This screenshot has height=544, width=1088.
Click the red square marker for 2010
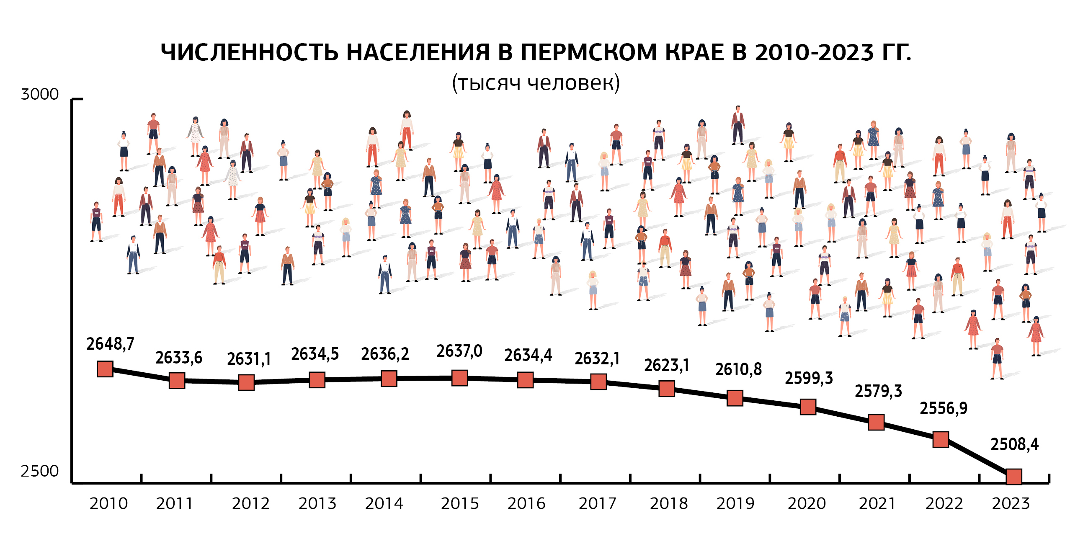tap(105, 369)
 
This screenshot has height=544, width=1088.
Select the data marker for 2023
tap(1013, 477)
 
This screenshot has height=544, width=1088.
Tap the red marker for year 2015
tap(459, 378)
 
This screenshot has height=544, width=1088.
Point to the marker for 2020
tap(807, 407)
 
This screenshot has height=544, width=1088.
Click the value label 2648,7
tap(110, 344)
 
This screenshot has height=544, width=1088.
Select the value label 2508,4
tap(1014, 444)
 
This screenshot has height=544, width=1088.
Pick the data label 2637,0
tap(459, 351)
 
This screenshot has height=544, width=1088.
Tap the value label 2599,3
tap(808, 378)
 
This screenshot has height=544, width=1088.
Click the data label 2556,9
tap(943, 408)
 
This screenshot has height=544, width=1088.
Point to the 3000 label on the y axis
tap(40, 94)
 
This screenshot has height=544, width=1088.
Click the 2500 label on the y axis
tap(40, 471)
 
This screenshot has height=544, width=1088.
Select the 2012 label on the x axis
tap(250, 503)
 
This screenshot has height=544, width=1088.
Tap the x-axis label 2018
tap(669, 503)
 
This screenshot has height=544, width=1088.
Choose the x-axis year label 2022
tap(944, 503)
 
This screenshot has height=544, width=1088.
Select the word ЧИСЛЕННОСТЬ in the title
tap(250, 53)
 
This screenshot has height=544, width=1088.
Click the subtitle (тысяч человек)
tap(536, 83)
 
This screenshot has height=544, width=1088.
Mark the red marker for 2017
tap(598, 382)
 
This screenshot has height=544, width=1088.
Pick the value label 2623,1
tap(666, 365)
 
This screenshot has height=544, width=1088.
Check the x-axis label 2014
tap(384, 503)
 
